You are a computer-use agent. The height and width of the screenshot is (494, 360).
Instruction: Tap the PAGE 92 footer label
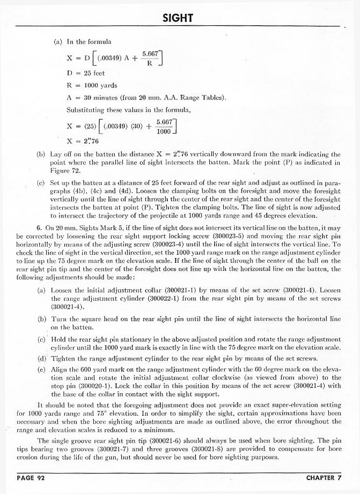[x=30, y=478]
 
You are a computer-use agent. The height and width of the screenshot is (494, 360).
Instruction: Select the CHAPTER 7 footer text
[x=324, y=478]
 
